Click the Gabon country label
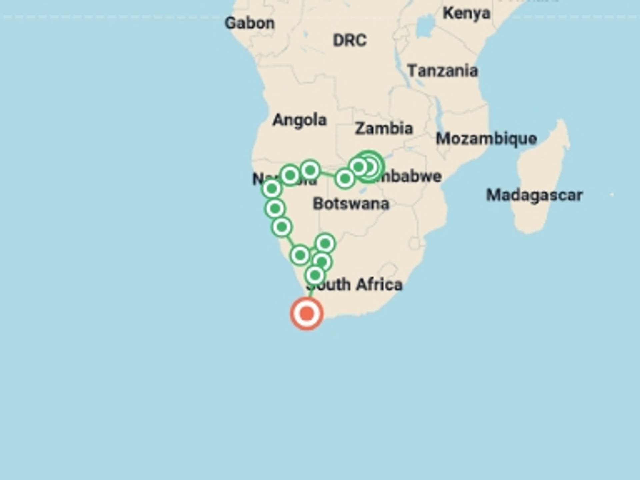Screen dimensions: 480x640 pos(250,23)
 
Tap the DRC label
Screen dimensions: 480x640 pos(350,41)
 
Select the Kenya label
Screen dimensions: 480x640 pos(466,13)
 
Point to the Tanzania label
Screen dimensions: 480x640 pos(442,71)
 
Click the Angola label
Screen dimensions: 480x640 pos(299,120)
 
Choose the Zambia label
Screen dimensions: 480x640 pos(384,129)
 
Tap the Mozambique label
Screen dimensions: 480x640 pos(486,139)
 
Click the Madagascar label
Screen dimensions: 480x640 pos(534,195)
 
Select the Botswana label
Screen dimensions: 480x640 pos(351,204)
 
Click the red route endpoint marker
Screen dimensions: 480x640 pos(307,314)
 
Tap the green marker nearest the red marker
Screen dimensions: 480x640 pos(315,275)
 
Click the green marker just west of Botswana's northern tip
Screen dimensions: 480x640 pos(310,170)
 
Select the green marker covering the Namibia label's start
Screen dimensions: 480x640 pos(272,189)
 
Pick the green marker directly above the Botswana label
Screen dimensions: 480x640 pos(345,179)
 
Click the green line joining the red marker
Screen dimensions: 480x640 pos(311,292)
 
